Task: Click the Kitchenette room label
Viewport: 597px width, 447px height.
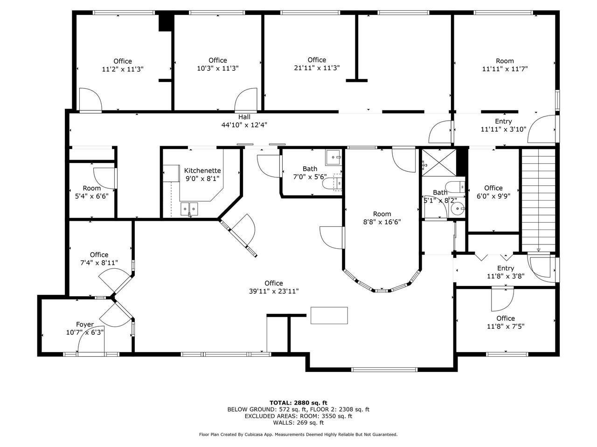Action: click(x=202, y=171)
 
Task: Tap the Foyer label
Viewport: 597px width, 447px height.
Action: click(x=85, y=325)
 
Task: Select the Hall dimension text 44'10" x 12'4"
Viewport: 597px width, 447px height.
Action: click(x=244, y=125)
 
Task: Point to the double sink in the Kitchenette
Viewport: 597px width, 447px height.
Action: click(x=189, y=209)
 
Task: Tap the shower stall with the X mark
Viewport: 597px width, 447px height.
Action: click(x=439, y=163)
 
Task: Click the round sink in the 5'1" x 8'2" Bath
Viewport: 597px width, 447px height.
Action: click(x=458, y=209)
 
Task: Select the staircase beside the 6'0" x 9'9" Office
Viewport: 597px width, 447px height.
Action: click(x=538, y=200)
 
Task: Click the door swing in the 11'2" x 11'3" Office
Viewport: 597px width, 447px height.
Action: click(x=90, y=100)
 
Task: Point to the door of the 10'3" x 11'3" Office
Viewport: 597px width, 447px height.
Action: click(x=246, y=100)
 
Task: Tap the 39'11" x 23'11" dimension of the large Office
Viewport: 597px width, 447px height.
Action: click(x=274, y=291)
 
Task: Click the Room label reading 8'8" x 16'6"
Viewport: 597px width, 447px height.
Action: click(x=382, y=218)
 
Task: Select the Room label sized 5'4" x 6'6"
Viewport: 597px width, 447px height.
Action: click(x=92, y=192)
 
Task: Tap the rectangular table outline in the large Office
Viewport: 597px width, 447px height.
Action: click(x=329, y=315)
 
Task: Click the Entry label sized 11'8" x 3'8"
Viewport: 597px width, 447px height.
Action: click(x=505, y=272)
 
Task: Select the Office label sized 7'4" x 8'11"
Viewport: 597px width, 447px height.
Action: click(x=99, y=258)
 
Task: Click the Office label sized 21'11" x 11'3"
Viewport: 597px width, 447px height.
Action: click(x=317, y=64)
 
